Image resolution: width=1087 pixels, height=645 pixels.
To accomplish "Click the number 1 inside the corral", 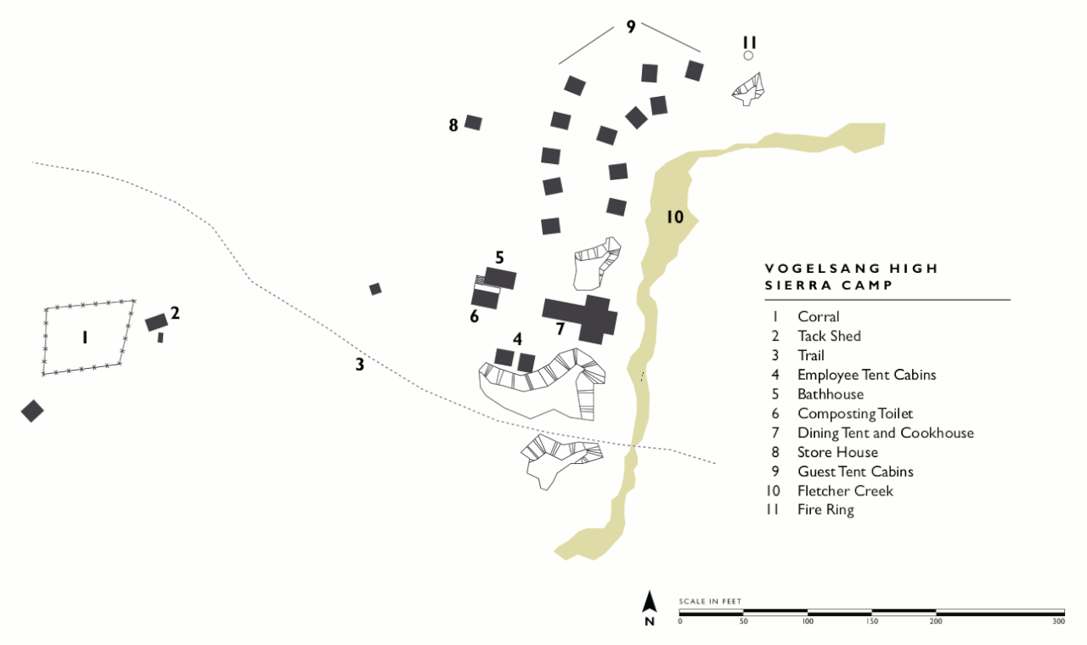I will click(x=85, y=337).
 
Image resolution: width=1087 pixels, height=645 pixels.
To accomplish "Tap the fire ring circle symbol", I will click(x=748, y=56).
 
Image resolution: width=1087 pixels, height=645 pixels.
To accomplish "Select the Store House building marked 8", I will click(x=473, y=122).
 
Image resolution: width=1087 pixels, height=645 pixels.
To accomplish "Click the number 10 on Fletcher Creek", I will click(x=674, y=217).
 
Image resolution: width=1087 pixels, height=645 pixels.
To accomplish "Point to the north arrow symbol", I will click(x=650, y=603).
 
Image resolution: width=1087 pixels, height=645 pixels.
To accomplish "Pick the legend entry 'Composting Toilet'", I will click(x=854, y=414).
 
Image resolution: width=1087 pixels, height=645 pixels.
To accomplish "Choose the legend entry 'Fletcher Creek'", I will click(x=845, y=491).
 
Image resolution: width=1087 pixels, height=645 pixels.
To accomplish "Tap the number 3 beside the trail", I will click(x=360, y=365).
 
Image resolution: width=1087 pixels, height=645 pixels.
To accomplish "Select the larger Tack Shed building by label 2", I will click(x=156, y=322).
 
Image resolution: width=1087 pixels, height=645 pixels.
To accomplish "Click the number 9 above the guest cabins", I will click(x=630, y=26).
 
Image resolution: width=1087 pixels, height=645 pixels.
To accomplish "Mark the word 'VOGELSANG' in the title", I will click(x=813, y=269).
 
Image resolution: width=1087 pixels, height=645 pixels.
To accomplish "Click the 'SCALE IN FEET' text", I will click(x=710, y=602).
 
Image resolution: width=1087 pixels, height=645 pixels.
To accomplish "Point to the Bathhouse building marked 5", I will click(x=500, y=279).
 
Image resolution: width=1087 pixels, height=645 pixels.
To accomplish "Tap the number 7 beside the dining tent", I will click(x=560, y=329).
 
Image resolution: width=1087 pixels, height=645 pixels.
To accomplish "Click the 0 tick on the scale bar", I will click(x=679, y=621).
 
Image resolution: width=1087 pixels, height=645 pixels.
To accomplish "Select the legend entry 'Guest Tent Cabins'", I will click(x=855, y=472).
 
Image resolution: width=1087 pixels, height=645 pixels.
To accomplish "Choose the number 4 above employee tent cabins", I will click(x=517, y=338).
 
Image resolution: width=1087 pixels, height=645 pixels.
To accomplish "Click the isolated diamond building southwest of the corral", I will click(x=32, y=410).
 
